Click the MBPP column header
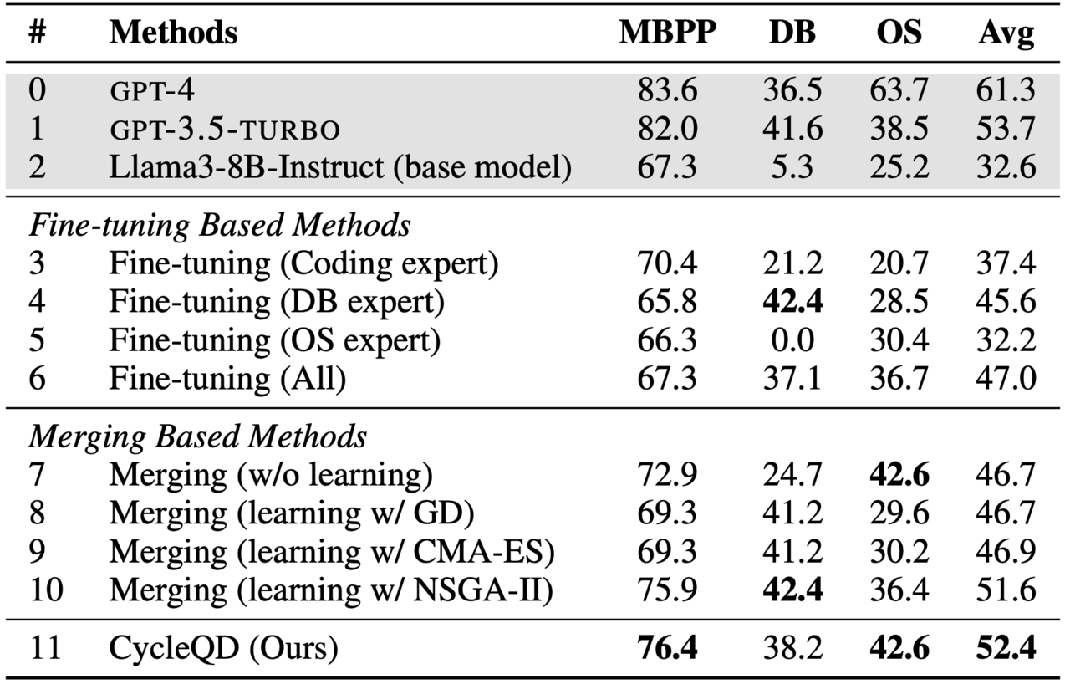(667, 33)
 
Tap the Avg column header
(1006, 33)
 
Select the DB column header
(792, 33)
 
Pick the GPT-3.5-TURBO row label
(224, 129)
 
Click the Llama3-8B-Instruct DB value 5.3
(792, 167)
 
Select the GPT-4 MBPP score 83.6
(667, 90)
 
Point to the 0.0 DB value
(792, 340)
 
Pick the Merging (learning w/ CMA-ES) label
(332, 552)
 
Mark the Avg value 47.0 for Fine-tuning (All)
(1006, 379)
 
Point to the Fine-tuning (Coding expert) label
(303, 263)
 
